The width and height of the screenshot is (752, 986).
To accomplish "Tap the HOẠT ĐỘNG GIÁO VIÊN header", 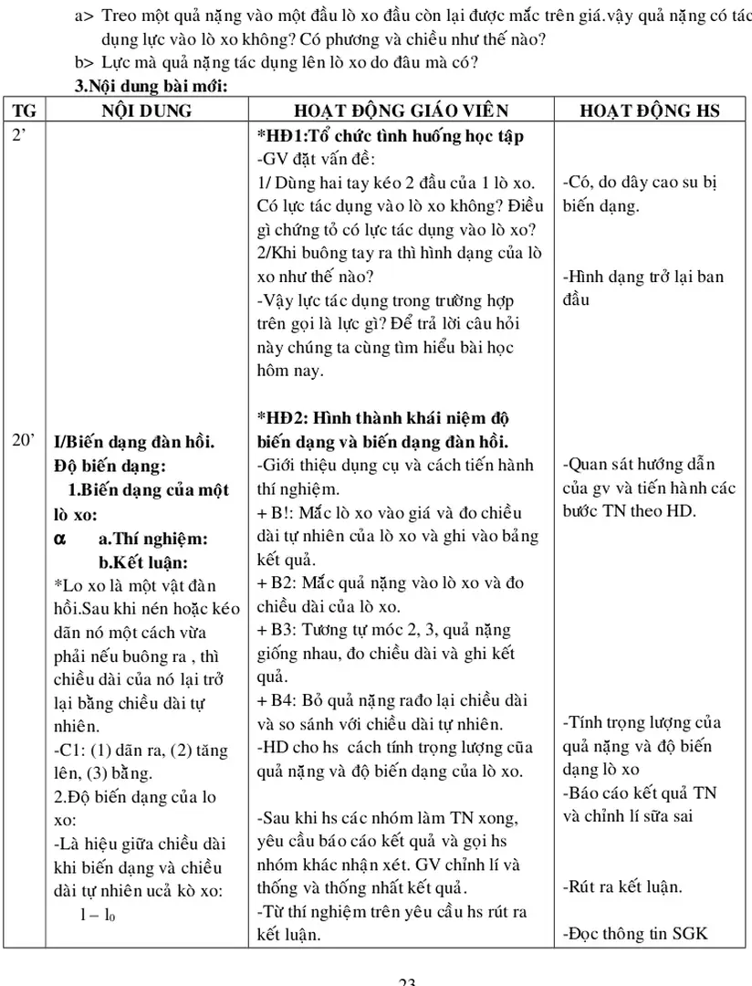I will click(x=401, y=110).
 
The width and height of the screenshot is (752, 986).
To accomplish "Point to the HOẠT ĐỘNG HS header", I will click(x=650, y=110).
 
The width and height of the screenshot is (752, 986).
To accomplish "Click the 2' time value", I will click(x=19, y=134).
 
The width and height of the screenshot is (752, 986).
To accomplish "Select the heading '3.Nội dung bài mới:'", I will click(x=150, y=86).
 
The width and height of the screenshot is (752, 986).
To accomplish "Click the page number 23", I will click(x=407, y=981).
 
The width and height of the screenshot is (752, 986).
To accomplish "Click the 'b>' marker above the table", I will click(x=84, y=61).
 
